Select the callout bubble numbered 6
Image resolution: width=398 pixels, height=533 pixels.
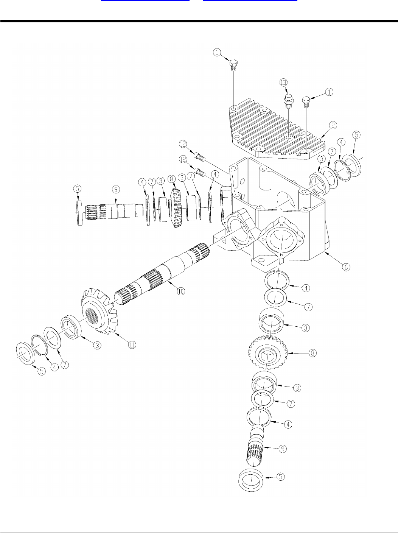pos(345,266)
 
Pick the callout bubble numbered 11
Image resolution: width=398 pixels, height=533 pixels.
pos(132,345)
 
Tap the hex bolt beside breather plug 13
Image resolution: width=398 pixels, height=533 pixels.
pos(306,102)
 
